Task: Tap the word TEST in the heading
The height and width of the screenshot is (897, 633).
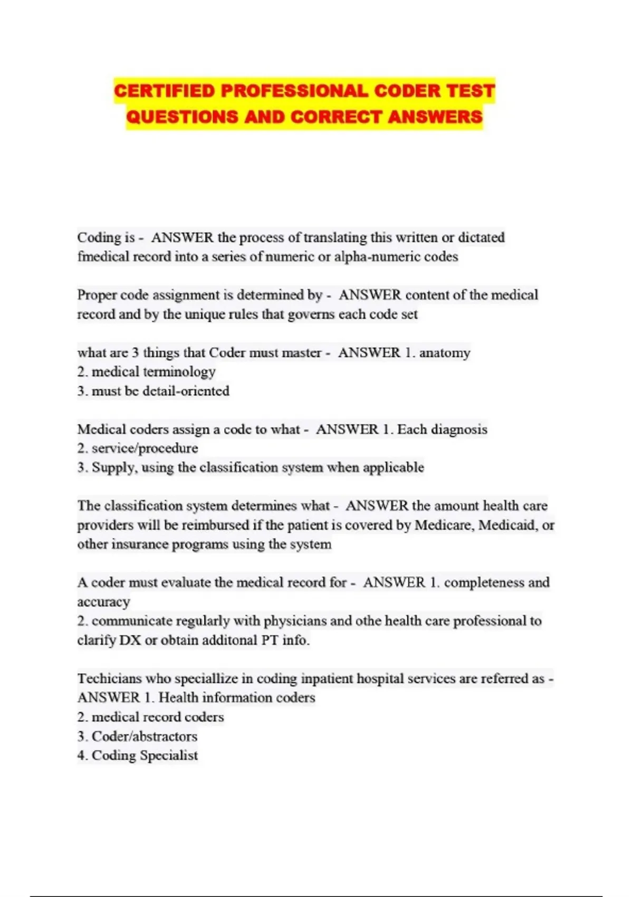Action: click(471, 91)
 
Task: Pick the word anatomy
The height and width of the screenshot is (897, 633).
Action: click(444, 352)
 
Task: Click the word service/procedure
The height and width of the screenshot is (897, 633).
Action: click(145, 448)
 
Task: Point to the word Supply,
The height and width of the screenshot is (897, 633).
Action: click(113, 467)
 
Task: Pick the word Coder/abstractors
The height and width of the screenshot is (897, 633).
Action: click(144, 737)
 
